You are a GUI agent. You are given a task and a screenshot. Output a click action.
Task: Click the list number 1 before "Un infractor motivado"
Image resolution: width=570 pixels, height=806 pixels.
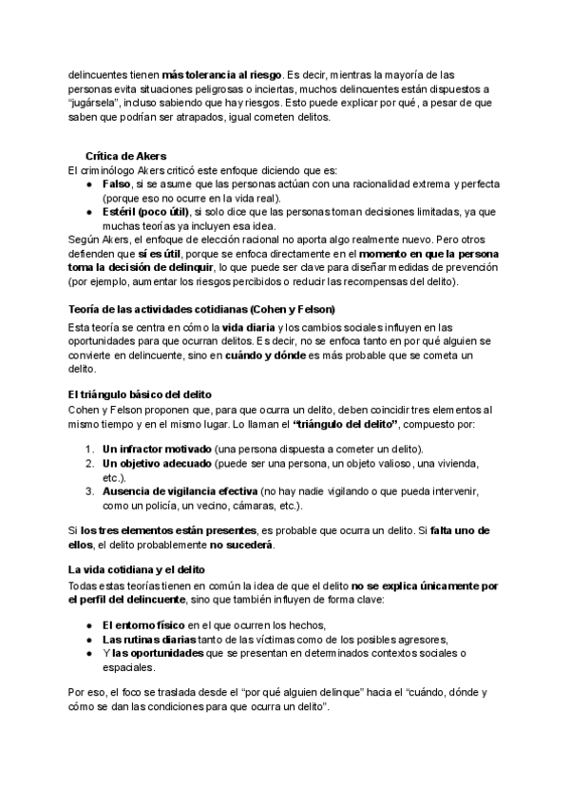point(85,449)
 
